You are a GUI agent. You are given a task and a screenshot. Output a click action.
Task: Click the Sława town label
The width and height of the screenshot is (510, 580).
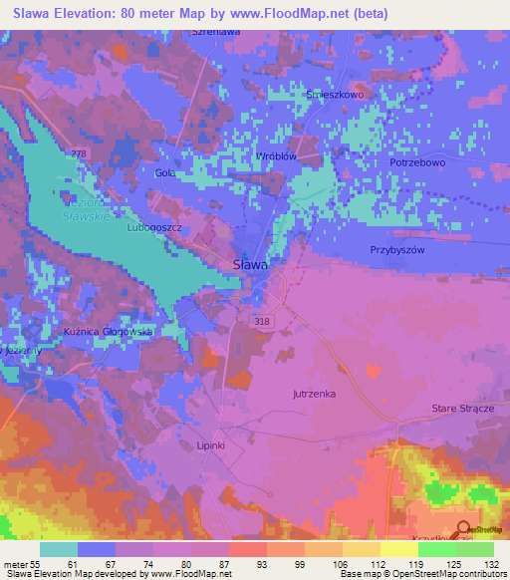click(x=249, y=264)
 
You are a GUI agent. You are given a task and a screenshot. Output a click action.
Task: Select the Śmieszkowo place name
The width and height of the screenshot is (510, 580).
click(x=338, y=97)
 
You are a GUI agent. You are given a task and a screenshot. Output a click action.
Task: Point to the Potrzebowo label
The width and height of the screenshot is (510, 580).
click(x=417, y=160)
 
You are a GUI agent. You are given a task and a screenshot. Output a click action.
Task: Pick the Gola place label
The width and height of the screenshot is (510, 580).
click(x=165, y=172)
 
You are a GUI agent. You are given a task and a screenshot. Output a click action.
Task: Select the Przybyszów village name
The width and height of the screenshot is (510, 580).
click(x=397, y=250)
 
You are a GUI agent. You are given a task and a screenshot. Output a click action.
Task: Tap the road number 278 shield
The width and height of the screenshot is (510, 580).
click(x=79, y=152)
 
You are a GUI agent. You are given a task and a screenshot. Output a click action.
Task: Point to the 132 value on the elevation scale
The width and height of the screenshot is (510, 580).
click(x=491, y=564)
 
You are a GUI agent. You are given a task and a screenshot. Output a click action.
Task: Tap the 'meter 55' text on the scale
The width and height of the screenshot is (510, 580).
click(x=21, y=564)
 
